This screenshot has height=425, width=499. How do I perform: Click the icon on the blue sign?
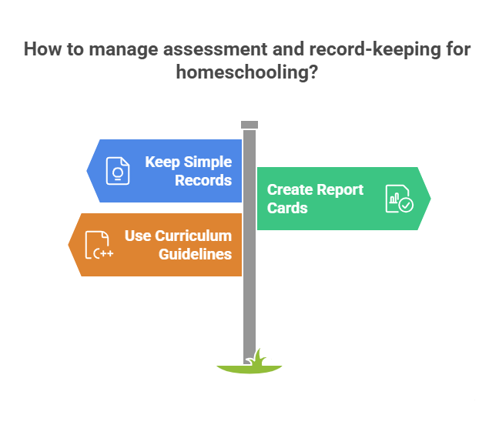[x=118, y=170]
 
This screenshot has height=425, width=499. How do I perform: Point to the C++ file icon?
[x=99, y=244]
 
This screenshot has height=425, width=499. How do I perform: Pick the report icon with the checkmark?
[x=399, y=198]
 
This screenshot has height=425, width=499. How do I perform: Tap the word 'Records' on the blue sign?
[x=203, y=181]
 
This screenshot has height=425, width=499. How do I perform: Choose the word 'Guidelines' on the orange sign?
[x=196, y=254]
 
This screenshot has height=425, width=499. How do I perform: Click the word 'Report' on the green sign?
[x=339, y=189]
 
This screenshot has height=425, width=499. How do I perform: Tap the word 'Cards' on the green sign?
[x=287, y=208]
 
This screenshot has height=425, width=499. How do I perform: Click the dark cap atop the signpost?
[x=249, y=125]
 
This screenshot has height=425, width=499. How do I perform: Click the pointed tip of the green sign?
[x=428, y=199]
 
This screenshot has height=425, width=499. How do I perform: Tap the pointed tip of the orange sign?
[x=71, y=245]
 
